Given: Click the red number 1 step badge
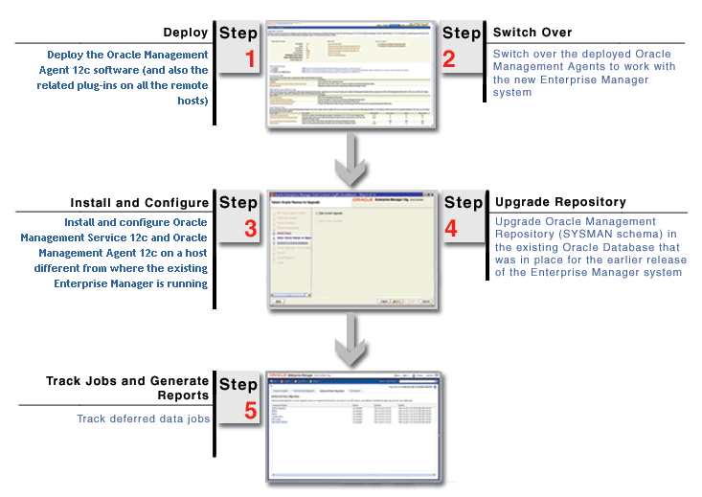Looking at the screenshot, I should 251,59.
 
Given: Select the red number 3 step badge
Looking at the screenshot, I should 251,229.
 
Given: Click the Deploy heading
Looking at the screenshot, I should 186,33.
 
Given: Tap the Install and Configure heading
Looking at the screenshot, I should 139,203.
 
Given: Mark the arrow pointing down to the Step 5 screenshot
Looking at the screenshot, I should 351,338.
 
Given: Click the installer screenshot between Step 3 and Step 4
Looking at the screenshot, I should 351,247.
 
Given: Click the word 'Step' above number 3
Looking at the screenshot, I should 238,203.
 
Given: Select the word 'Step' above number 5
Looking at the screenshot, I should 238,385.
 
